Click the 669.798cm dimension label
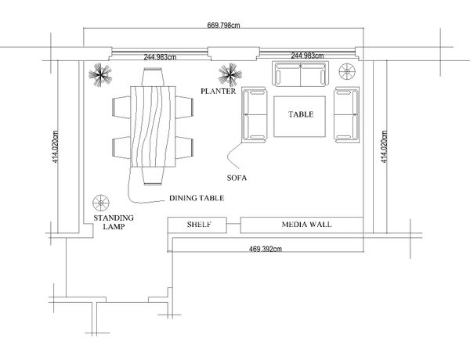pos(223,25)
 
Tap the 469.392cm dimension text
pos(266,249)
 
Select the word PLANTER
pos(219,91)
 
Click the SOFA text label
pos(237,178)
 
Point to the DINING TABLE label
pos(197,198)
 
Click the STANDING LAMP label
pos(114,222)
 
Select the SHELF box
pos(197,225)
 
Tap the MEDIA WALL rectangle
pos(302,225)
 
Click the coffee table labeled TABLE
pos(299,117)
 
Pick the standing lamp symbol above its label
pos(101,203)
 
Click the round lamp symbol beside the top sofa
pos(347,71)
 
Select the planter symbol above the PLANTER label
pos(230,75)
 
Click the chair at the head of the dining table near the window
pos(153,77)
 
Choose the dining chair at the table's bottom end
pos(153,175)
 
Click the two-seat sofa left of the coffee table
pos(254,114)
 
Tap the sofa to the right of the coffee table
pos(346,114)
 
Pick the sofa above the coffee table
pos(300,74)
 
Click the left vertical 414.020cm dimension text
pos(56,147)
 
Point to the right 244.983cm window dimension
pos(307,56)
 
